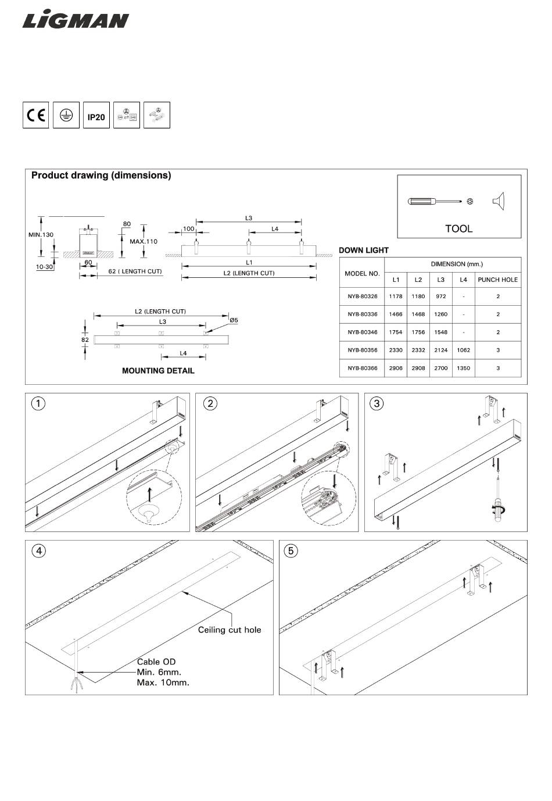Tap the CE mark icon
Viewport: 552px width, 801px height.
36,115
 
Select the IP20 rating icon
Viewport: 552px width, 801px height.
96,116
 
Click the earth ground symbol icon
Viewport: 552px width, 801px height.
66,115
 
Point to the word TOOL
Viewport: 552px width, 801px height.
458,228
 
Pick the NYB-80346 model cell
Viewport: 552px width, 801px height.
362,332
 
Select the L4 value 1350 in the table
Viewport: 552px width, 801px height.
463,368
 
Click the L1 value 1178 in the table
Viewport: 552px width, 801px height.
396,296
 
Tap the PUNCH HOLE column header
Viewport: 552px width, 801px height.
497,280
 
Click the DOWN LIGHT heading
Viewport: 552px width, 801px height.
364,251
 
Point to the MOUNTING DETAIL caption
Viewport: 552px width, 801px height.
158,371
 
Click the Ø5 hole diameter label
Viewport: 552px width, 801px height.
234,320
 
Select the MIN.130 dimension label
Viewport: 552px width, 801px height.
41,235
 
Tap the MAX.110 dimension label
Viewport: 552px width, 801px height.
144,241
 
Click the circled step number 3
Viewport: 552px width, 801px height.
377,403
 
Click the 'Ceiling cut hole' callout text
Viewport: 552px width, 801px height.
230,630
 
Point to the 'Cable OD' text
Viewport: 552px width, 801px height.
156,661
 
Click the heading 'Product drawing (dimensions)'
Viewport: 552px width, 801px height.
101,176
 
